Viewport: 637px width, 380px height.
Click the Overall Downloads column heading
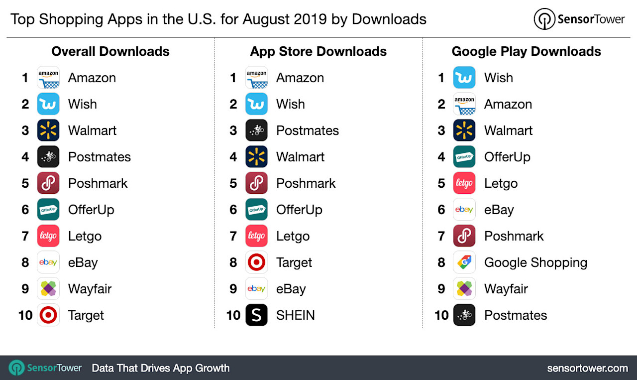coord(110,51)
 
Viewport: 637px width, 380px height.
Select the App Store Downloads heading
coord(318,51)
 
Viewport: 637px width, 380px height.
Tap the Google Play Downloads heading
coord(526,51)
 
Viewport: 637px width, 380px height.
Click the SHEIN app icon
coord(256,315)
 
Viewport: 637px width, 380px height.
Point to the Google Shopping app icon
coord(464,262)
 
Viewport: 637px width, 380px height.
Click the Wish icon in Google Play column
coord(464,78)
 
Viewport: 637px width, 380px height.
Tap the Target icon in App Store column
coord(256,262)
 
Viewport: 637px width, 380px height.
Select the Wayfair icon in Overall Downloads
coord(48,289)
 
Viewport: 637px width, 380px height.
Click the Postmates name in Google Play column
coord(516,315)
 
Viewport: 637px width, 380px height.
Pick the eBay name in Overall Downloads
coord(83,262)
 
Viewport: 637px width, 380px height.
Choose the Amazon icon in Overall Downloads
coord(48,78)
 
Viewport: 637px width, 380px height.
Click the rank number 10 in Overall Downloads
coord(25,315)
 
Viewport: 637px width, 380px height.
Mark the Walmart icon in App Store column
coord(256,157)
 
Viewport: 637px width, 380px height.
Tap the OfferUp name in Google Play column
coord(507,157)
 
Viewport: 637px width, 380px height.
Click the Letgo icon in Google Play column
coord(464,183)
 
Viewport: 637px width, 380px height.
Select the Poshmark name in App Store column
coord(306,183)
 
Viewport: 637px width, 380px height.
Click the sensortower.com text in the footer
coord(587,368)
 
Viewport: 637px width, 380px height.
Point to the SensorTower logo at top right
coord(579,19)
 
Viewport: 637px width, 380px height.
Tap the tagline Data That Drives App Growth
coord(161,368)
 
